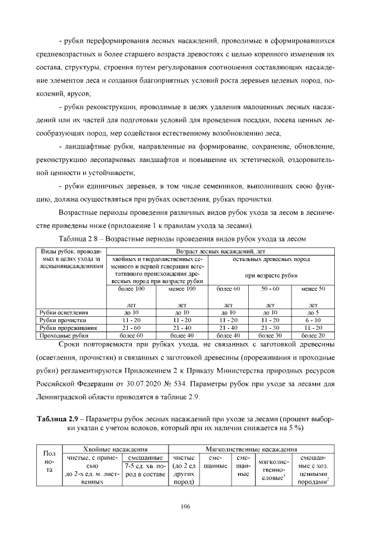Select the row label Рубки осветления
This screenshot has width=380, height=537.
[x=64, y=312]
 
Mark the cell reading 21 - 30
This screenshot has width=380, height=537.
[x=270, y=327]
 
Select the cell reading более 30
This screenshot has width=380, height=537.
[x=270, y=335]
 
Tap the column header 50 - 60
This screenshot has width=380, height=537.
[x=270, y=288]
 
